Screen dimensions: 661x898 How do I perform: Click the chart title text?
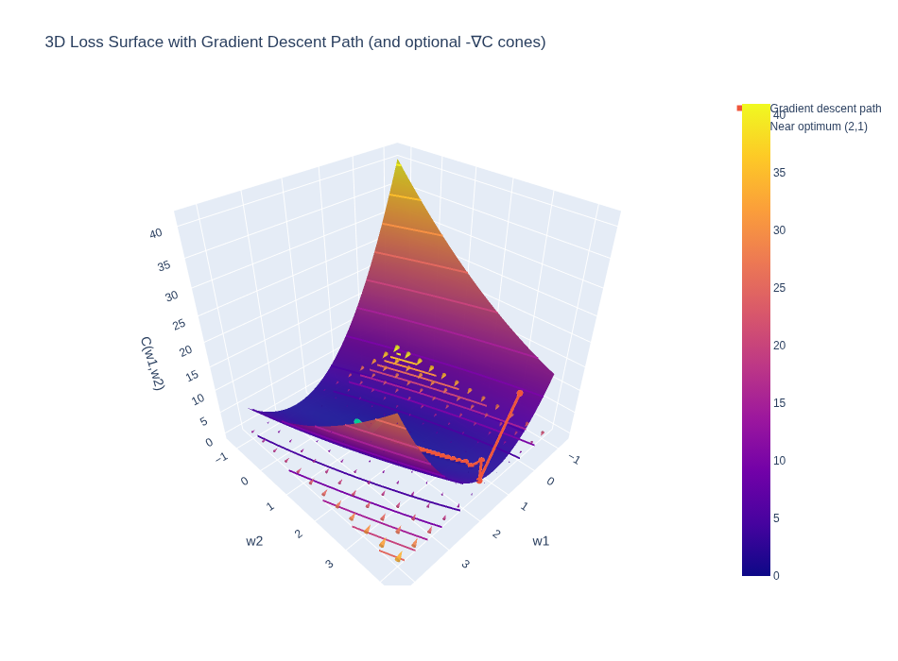tap(295, 42)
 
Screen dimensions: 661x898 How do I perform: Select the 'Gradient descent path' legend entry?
tap(824, 109)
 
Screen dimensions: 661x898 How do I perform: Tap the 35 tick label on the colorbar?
tap(779, 173)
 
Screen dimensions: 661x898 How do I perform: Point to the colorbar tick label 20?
tap(779, 346)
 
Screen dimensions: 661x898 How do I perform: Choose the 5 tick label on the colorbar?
tap(776, 518)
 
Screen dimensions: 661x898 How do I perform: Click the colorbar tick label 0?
tap(776, 576)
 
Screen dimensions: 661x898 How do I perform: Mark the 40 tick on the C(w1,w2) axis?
tap(156, 233)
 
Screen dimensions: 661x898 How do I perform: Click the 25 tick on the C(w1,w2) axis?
tap(179, 325)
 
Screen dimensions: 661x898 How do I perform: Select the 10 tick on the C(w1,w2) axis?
tap(198, 399)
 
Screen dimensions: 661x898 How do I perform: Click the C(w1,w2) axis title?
tap(152, 363)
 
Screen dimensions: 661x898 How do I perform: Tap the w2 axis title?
tap(254, 541)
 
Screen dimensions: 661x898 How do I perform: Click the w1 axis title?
tap(541, 541)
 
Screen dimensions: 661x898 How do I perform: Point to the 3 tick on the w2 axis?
tap(329, 564)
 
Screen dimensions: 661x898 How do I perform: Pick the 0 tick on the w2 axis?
tap(244, 482)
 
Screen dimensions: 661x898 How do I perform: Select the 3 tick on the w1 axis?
tap(465, 564)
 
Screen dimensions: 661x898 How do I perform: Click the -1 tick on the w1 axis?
tap(575, 459)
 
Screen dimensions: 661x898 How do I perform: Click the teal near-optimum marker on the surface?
tap(357, 422)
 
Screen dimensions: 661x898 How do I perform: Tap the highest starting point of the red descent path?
tap(520, 393)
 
